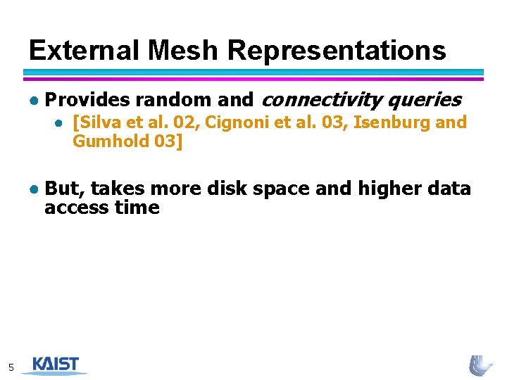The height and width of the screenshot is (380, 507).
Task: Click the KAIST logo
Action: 55,365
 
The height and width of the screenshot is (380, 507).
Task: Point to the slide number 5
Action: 11,367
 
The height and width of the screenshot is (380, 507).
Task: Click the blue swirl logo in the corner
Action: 481,365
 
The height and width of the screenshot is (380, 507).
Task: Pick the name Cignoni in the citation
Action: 236,122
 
